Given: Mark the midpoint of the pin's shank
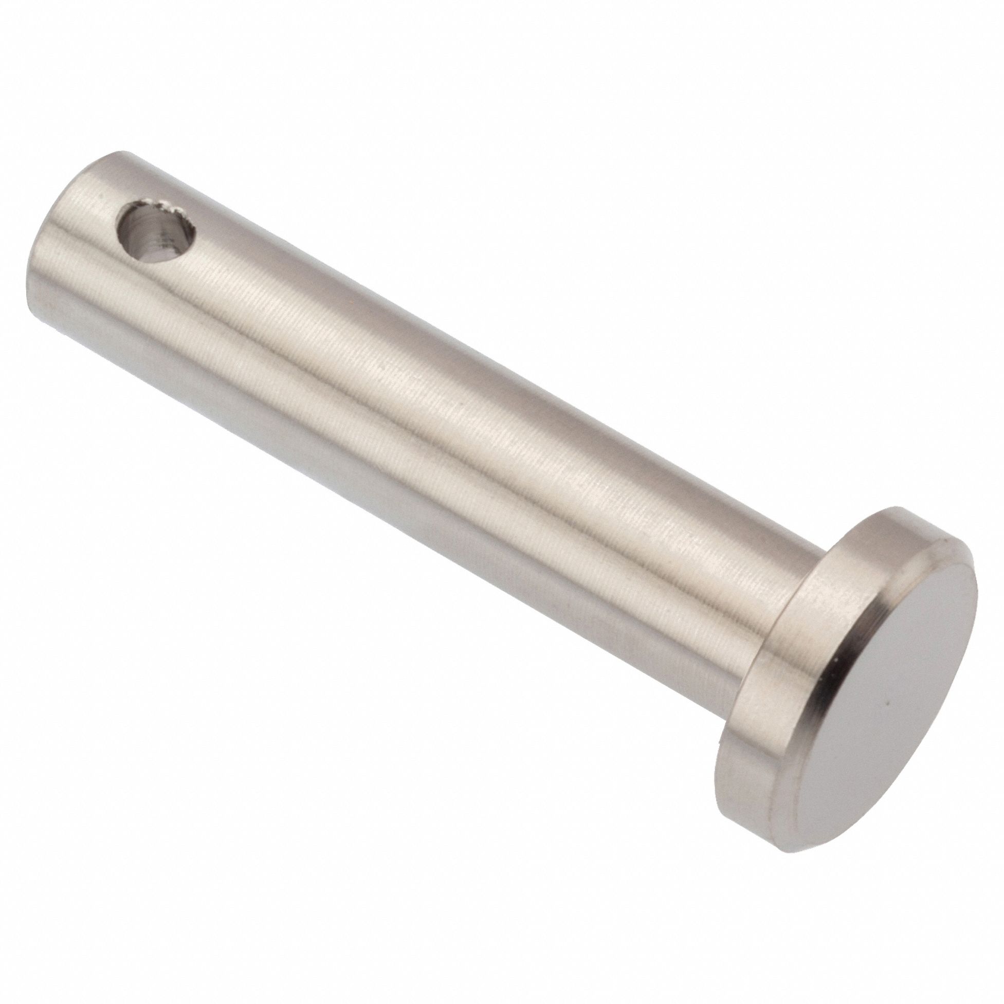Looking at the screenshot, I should pos(416,416).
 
